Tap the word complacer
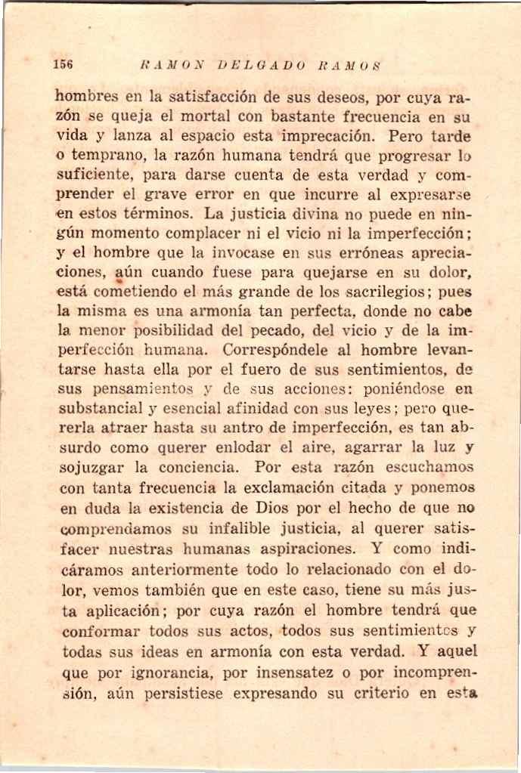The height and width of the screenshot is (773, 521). pyautogui.click(x=203, y=234)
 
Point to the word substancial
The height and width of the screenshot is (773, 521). pyautogui.click(x=97, y=410)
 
